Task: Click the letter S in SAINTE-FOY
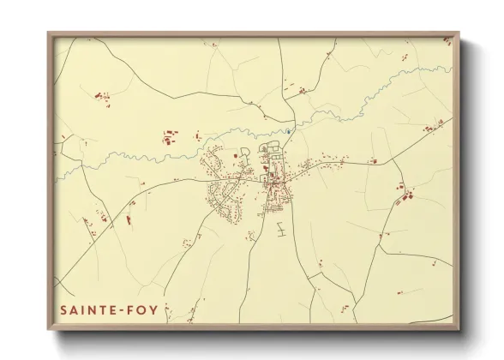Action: (x=64, y=309)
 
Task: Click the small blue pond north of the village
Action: (x=290, y=131)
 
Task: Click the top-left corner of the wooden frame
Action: (x=49, y=34)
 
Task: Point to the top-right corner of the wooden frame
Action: (x=461, y=34)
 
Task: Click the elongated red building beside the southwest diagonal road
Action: (x=129, y=219)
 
